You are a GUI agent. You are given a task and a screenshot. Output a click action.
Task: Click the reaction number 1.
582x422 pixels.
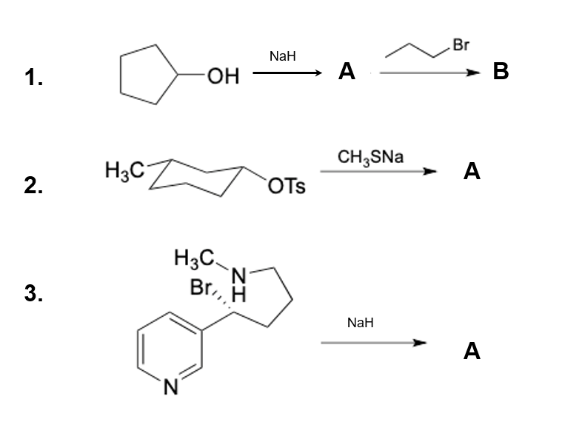(x=32, y=77)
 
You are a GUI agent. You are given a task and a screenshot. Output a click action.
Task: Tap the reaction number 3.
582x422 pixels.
(x=32, y=294)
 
